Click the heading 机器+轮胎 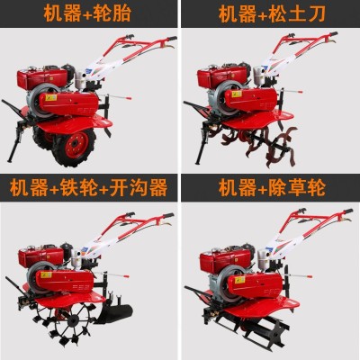point(87,13)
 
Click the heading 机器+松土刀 point(272,13)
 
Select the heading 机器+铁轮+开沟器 point(88,187)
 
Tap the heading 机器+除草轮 point(272,187)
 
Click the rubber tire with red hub point(74,147)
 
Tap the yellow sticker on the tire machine point(51,97)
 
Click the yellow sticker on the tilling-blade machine point(237,94)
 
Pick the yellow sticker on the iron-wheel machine point(46,274)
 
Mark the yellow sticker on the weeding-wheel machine point(240,280)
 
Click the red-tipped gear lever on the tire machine point(115,96)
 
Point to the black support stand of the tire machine point(15,142)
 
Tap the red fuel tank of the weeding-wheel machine point(225,262)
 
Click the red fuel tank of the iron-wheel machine point(41,257)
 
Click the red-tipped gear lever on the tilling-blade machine point(291,91)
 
